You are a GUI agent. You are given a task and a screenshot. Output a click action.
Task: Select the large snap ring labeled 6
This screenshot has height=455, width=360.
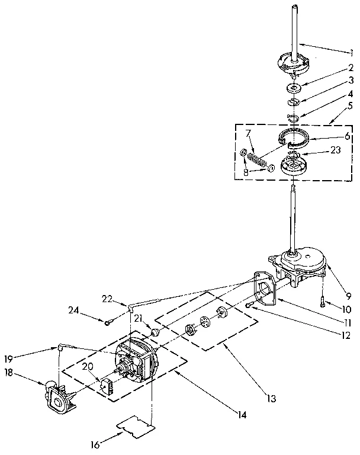[x=295, y=137]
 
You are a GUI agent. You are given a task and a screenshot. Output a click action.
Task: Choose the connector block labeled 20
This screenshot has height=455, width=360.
[x=107, y=386]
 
